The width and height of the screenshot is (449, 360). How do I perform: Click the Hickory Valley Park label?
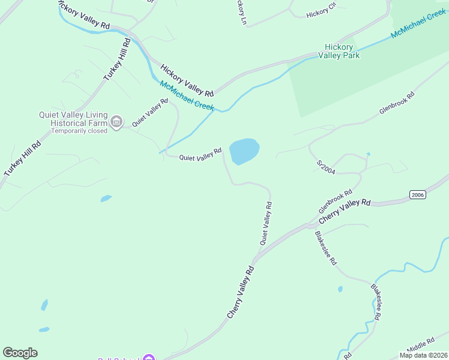pyautogui.click(x=342, y=51)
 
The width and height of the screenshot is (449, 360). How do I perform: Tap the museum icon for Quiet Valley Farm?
pyautogui.click(x=117, y=122)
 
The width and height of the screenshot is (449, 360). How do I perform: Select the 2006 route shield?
pyautogui.click(x=418, y=194)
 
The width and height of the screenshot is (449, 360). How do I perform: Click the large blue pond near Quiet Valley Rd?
pyautogui.click(x=244, y=151)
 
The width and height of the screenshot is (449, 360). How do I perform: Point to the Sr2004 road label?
pyautogui.click(x=325, y=167)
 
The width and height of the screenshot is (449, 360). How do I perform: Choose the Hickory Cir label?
pyautogui.click(x=321, y=13)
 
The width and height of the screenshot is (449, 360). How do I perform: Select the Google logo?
pyautogui.click(x=20, y=353)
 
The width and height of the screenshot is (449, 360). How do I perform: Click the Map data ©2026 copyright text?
pyautogui.click(x=423, y=355)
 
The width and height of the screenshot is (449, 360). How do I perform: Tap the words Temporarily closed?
pyautogui.click(x=79, y=131)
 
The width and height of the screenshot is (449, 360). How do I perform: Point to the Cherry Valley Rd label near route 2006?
pyautogui.click(x=345, y=211)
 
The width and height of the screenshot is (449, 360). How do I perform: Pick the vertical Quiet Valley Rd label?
pyautogui.click(x=266, y=223)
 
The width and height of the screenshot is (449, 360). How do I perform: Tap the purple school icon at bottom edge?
pyautogui.click(x=148, y=358)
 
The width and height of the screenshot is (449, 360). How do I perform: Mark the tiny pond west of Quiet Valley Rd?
pyautogui.click(x=106, y=197)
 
